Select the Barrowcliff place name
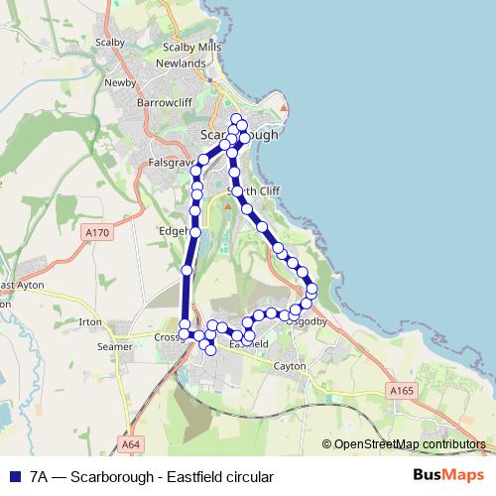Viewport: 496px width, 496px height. pyautogui.click(x=164, y=101)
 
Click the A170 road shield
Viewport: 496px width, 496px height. pyautogui.click(x=96, y=233)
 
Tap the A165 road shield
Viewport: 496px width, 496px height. pyautogui.click(x=401, y=392)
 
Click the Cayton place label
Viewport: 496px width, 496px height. pyautogui.click(x=289, y=366)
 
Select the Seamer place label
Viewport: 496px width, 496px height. pyautogui.click(x=114, y=347)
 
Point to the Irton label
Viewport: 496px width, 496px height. pyautogui.click(x=90, y=322)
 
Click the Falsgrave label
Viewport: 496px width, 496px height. pyautogui.click(x=168, y=161)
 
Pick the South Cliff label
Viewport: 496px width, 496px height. pyautogui.click(x=248, y=190)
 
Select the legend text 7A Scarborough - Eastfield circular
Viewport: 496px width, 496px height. pyautogui.click(x=151, y=477)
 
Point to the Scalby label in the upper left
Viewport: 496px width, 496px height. pyautogui.click(x=110, y=43)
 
